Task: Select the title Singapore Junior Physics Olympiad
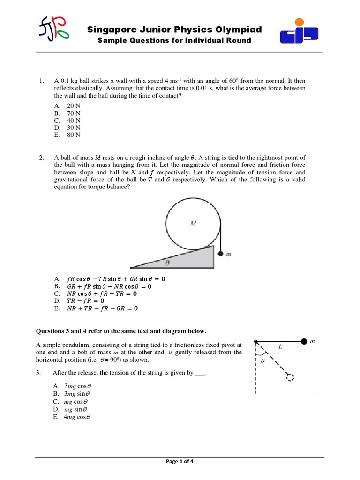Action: pos(174,30)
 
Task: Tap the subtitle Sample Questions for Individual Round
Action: pos(174,41)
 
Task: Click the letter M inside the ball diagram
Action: pos(193,224)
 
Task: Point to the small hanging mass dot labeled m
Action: pos(220,255)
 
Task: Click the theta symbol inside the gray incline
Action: pos(167,263)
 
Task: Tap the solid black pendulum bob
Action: pos(304,341)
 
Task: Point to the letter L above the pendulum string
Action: pos(280,347)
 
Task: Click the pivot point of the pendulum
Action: pos(255,342)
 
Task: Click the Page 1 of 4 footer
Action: pos(180,461)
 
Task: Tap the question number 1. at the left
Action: pos(42,81)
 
